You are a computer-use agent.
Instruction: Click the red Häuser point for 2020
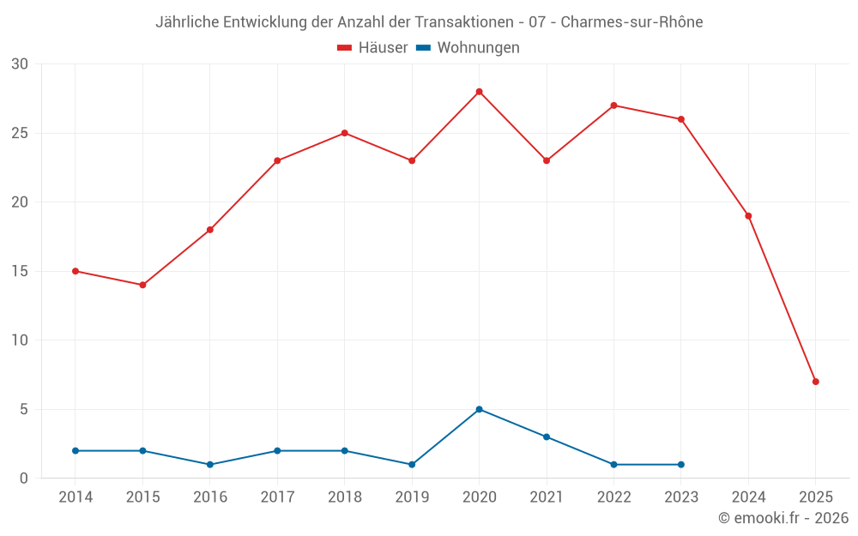coord(479,92)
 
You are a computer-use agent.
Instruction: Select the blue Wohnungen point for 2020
coord(479,409)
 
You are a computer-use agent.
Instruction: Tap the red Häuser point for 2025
coord(815,382)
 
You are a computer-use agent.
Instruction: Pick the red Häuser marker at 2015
coord(142,285)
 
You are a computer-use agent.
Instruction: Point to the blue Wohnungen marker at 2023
coord(680,465)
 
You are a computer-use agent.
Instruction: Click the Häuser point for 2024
coord(748,216)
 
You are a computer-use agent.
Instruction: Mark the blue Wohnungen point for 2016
coord(209,465)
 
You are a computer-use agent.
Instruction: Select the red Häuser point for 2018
coord(344,133)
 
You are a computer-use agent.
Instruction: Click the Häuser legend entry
coord(372,48)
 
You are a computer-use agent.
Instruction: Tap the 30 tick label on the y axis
coord(20,64)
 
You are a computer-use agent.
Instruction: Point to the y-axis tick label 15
coord(20,271)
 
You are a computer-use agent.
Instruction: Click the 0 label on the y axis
coord(24,479)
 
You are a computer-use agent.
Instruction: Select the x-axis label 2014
coord(76,497)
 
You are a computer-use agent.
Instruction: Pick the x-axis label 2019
coord(412,497)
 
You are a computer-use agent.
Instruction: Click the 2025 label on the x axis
coord(815,497)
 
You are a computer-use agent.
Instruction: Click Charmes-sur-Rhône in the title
coord(631,22)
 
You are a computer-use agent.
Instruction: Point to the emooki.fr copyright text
coord(783,518)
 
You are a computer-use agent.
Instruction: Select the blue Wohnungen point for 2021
coord(546,437)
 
